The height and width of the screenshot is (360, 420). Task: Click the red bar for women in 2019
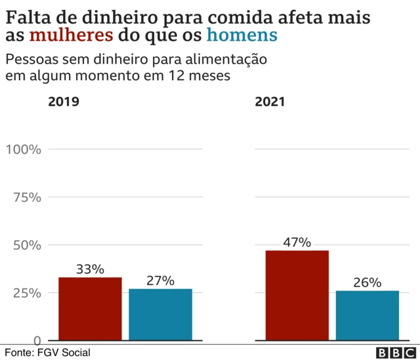(90, 309)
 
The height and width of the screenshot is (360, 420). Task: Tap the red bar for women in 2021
(297, 295)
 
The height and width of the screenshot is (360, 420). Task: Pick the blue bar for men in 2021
(367, 315)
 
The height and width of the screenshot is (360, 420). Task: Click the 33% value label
(90, 269)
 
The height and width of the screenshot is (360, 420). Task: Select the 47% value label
(297, 242)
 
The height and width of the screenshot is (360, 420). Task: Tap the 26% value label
(367, 283)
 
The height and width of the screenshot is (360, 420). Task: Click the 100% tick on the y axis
(24, 149)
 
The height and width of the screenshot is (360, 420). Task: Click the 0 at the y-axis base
(37, 340)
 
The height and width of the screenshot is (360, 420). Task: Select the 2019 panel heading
(63, 102)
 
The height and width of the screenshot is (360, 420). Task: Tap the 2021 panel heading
(270, 102)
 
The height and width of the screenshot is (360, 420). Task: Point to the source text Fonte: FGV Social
(48, 353)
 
